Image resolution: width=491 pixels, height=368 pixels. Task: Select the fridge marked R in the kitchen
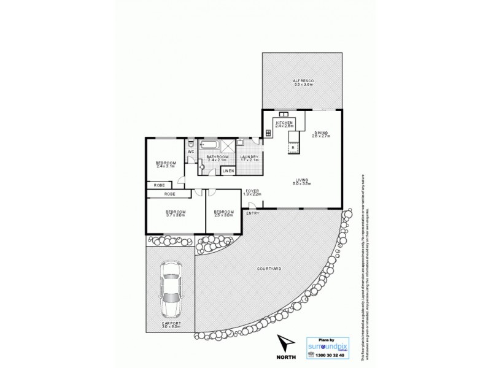tap(293, 148)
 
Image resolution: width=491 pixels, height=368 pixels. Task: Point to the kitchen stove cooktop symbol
tap(269, 132)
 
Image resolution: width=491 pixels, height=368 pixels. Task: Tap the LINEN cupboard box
tap(228, 171)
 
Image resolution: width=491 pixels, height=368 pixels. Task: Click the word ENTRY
tap(252, 213)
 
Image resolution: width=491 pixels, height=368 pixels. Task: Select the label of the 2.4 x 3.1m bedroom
tap(166, 164)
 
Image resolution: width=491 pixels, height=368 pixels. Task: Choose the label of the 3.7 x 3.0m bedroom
tap(175, 215)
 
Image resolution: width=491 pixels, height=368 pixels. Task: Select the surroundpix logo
tap(328, 346)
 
